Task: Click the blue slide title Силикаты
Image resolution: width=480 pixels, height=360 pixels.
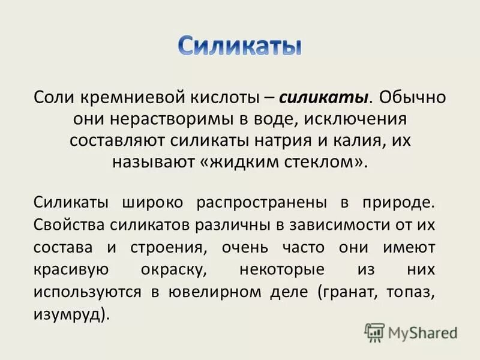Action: click(240, 46)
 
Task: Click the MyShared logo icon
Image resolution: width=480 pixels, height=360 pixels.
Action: click(374, 331)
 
